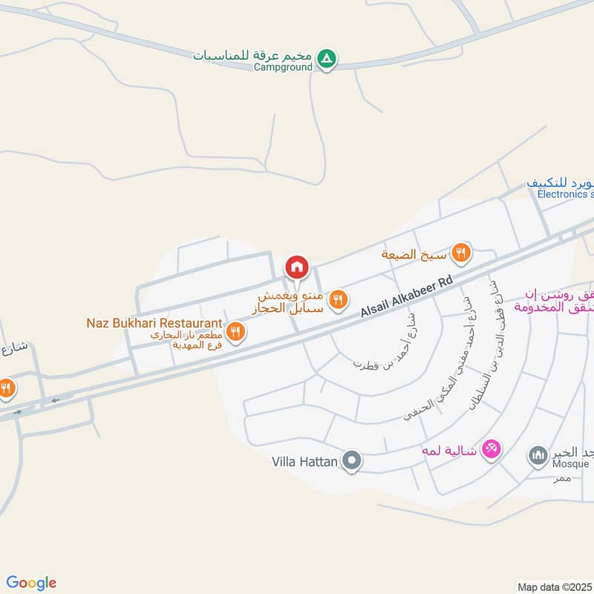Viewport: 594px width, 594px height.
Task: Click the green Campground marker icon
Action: point(326,58)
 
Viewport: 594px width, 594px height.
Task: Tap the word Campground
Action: point(284,67)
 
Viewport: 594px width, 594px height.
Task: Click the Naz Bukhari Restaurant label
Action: point(154,323)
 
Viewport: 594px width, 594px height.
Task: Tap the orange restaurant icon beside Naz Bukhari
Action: point(236,332)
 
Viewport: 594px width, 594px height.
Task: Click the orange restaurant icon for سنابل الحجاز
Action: point(339,299)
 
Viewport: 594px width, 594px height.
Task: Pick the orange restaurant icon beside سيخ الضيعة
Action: point(462,254)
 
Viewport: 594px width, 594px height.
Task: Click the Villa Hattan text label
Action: point(305,462)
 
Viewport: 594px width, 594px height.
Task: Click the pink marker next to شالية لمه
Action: point(492,448)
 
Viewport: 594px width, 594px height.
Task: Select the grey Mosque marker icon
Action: point(538,456)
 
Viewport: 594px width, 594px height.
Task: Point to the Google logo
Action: point(31,582)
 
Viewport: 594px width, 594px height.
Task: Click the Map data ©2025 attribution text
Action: point(555,587)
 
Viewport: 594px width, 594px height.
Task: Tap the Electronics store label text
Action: point(565,195)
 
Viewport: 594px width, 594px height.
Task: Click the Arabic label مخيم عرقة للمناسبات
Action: point(252,55)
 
